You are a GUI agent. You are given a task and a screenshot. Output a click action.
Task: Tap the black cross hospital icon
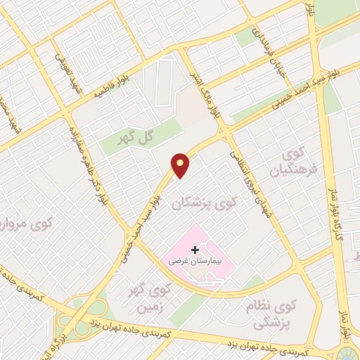pyautogui.click(x=195, y=250)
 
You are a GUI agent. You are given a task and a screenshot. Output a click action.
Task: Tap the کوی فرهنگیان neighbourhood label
pyautogui.click(x=290, y=162)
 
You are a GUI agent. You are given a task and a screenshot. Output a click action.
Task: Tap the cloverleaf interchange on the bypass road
pyautogui.click(x=88, y=309)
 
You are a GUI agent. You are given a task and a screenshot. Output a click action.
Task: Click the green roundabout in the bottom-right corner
pyautogui.click(x=350, y=351)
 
